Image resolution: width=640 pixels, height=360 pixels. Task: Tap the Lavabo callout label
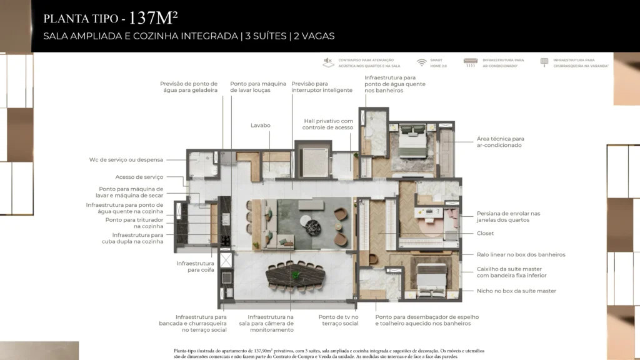[x=261, y=125]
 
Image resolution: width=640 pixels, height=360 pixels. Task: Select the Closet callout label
[x=485, y=233]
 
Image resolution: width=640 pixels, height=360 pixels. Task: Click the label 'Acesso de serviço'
[x=139, y=177]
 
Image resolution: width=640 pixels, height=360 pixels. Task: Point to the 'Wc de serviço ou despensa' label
[x=126, y=160]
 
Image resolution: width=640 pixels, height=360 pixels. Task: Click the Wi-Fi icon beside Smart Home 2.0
[x=422, y=62]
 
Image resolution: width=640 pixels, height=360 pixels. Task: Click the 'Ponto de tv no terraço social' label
[x=338, y=320]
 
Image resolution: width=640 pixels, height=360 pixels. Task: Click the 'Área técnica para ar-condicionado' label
[x=500, y=141]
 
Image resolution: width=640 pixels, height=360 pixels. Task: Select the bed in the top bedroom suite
[x=412, y=144]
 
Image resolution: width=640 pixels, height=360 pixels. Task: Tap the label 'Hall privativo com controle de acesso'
[x=329, y=124]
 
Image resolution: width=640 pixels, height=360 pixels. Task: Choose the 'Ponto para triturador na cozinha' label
[x=134, y=223]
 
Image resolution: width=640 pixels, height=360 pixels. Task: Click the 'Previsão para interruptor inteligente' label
[x=318, y=87]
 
